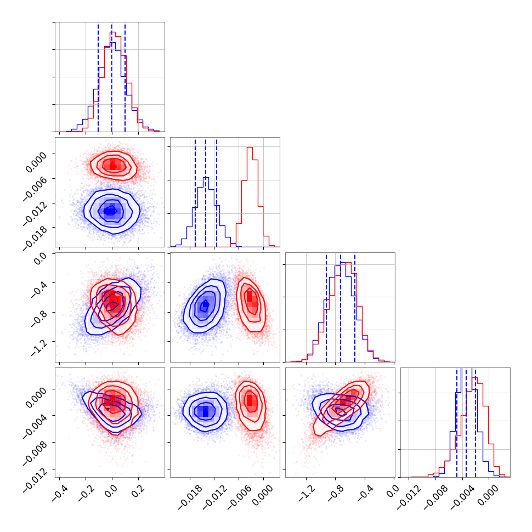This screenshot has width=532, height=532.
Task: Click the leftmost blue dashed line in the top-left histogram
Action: click(x=98, y=77)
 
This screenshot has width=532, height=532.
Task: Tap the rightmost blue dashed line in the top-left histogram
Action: click(x=125, y=77)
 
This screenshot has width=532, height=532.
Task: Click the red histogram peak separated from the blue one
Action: click(x=250, y=148)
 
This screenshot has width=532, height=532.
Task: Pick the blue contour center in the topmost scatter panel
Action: click(x=111, y=210)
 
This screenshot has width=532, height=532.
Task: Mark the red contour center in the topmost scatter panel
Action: click(x=114, y=164)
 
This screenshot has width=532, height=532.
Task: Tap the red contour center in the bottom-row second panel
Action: click(x=250, y=400)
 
